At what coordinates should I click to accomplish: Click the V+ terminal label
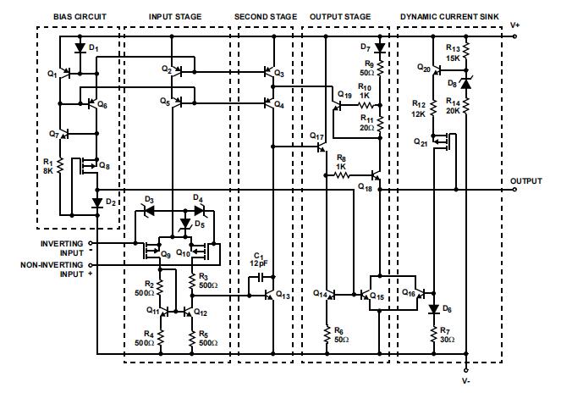(515, 25)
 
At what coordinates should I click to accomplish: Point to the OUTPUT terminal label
(525, 180)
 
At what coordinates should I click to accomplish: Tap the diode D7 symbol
(379, 47)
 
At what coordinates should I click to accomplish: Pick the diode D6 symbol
(433, 309)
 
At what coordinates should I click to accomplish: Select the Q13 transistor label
(283, 296)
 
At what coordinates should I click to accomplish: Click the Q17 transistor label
(316, 136)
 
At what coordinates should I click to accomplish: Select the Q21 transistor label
(421, 142)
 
